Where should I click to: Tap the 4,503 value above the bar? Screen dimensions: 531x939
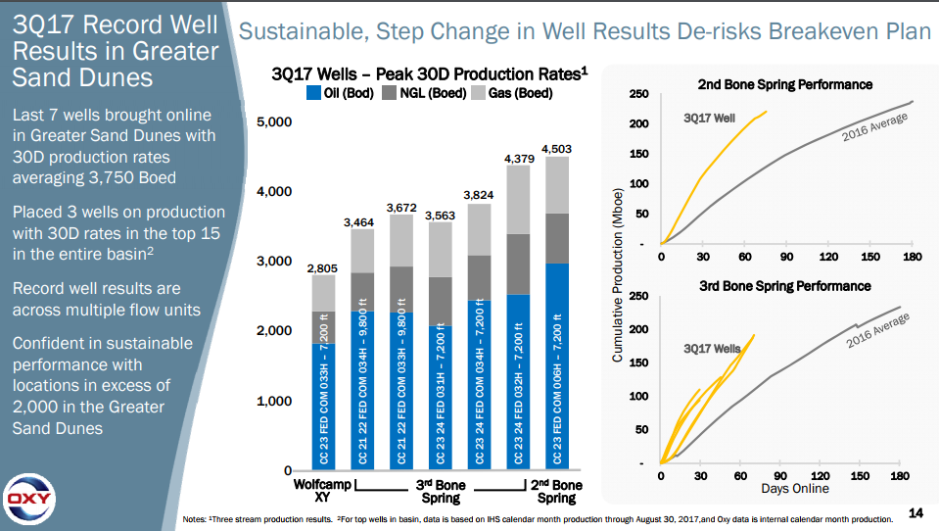[556, 149]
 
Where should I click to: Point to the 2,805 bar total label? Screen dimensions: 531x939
[323, 267]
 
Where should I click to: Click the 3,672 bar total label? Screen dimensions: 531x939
[401, 207]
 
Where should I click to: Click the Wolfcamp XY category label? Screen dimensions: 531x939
[322, 492]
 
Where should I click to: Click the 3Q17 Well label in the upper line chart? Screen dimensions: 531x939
[709, 119]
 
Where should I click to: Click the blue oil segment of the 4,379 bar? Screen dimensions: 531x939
[517, 382]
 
